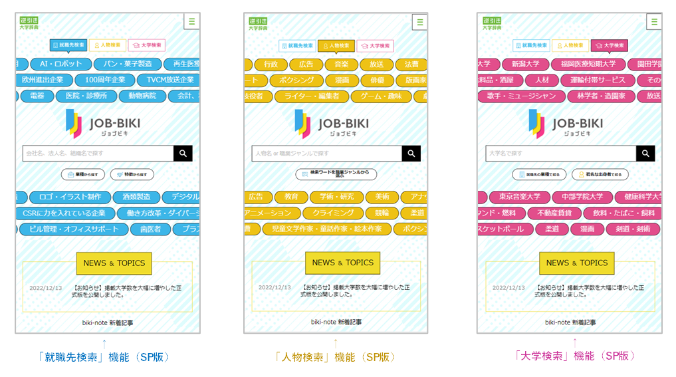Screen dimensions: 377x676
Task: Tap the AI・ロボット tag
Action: point(60,64)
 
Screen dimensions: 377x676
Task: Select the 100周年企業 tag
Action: point(100,80)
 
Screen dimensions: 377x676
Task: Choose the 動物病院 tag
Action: point(142,96)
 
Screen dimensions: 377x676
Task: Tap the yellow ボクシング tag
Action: point(296,80)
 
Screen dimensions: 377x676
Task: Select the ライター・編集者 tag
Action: point(311,96)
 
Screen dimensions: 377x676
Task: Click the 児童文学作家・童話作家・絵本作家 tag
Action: point(322,229)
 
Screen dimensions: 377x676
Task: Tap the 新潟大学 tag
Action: point(525,64)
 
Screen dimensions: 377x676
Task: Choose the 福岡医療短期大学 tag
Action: point(588,64)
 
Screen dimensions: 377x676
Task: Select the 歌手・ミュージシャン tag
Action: point(520,96)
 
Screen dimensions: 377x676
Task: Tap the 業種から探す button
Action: point(83,174)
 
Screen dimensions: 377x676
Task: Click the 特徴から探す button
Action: point(132,174)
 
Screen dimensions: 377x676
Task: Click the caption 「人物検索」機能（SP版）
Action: point(335,357)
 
